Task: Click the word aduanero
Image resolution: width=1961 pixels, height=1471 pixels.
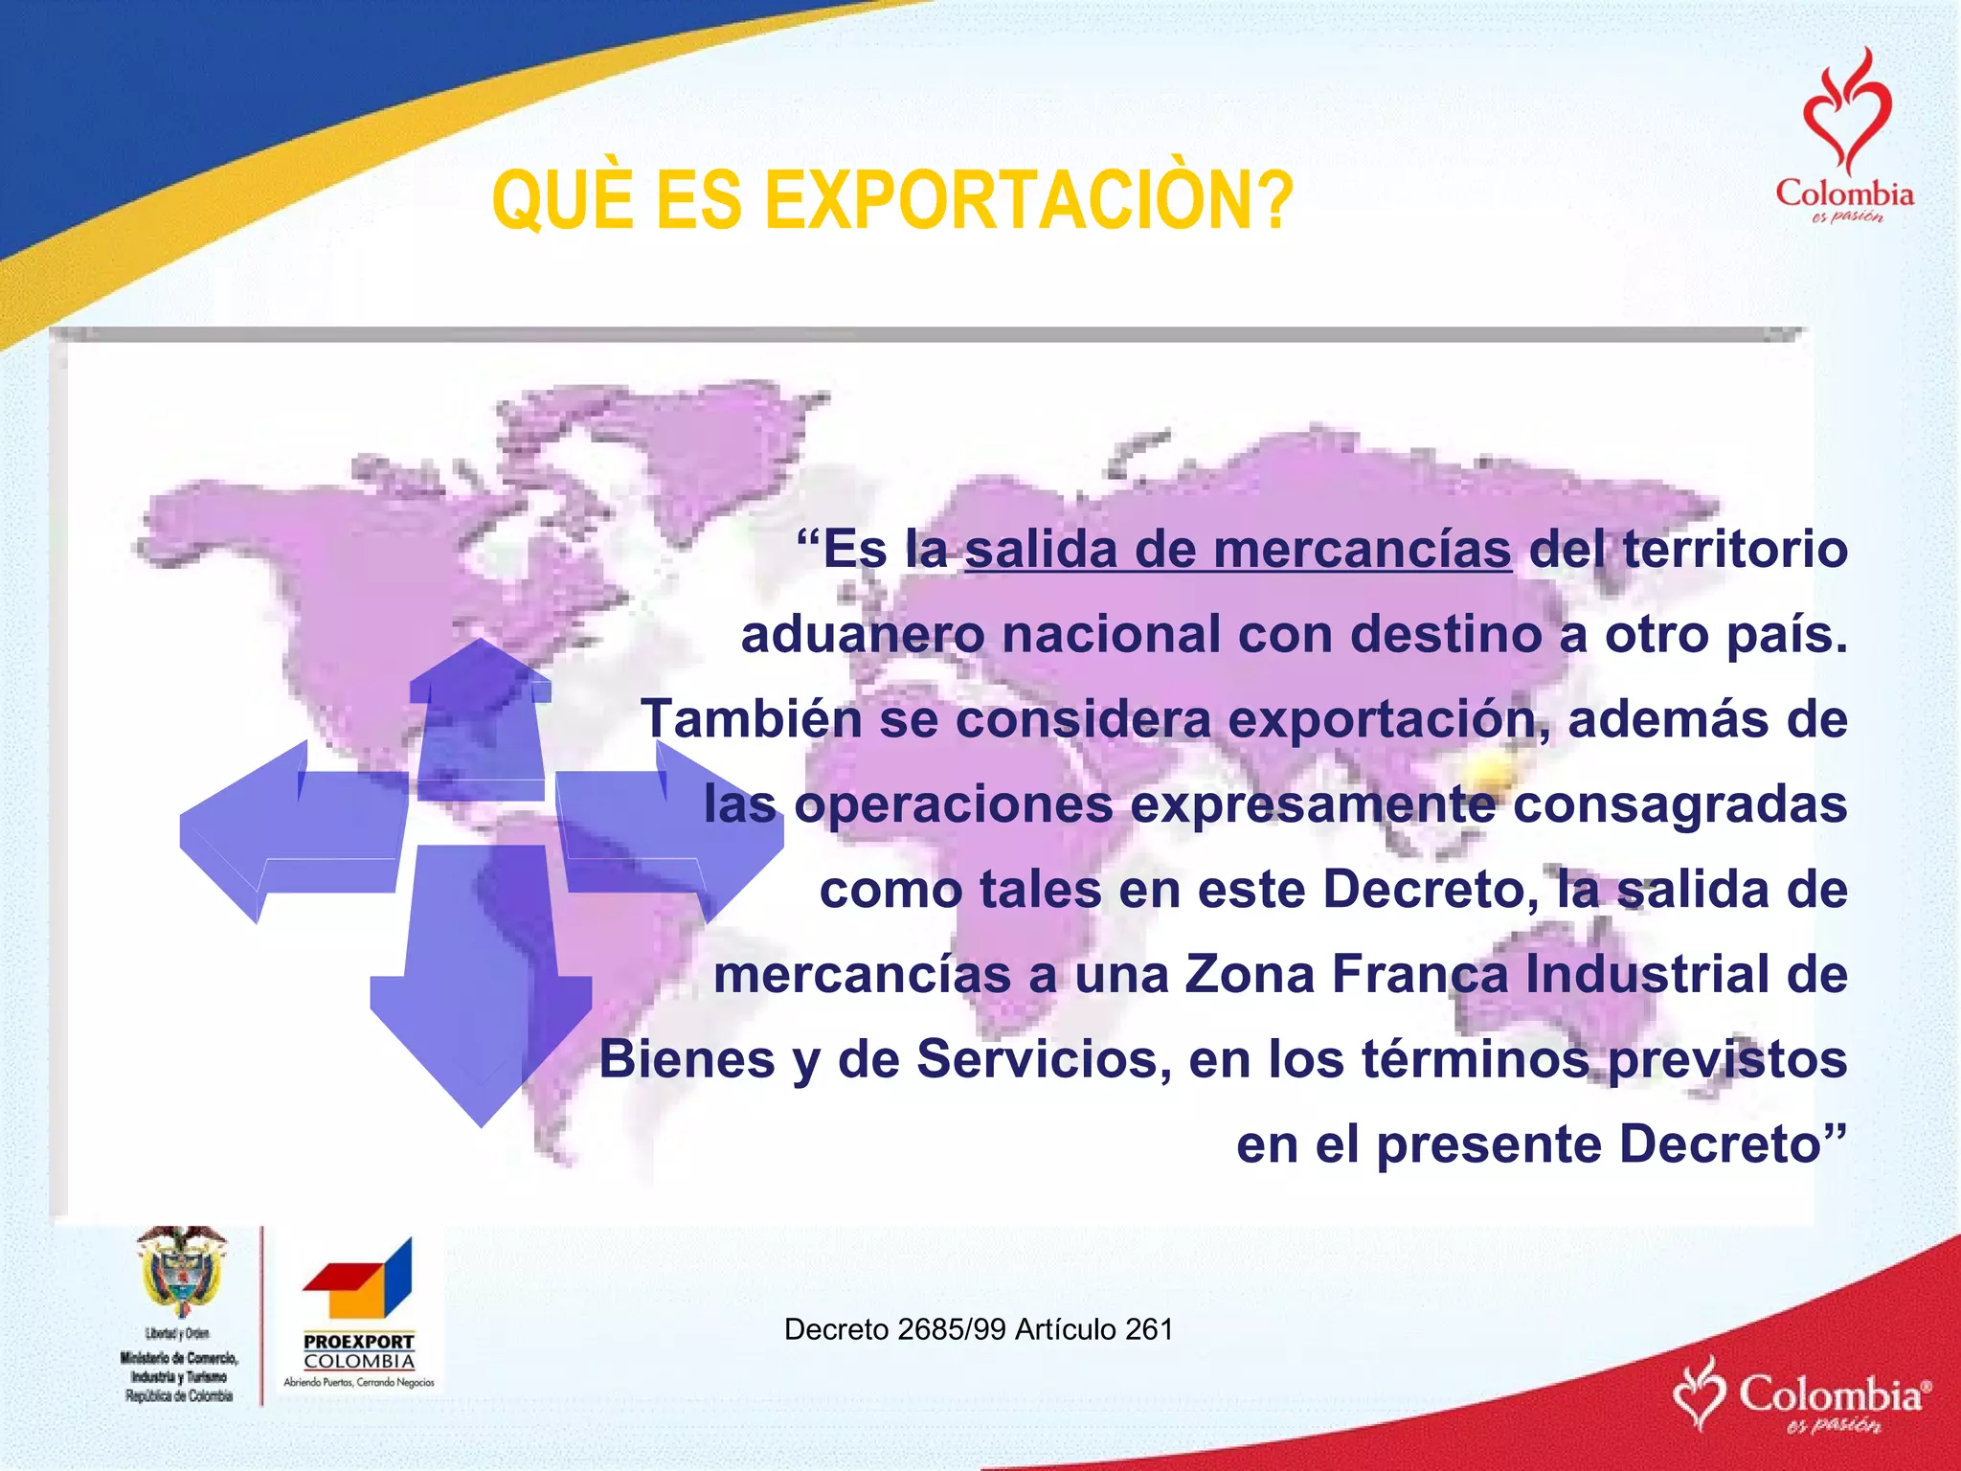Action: pyautogui.click(x=862, y=635)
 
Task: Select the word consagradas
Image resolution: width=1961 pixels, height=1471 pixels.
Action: pyautogui.click(x=1679, y=804)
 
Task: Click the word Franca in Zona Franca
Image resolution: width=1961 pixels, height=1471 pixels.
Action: pyautogui.click(x=1419, y=974)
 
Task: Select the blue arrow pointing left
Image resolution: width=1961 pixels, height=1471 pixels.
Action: pyautogui.click(x=287, y=828)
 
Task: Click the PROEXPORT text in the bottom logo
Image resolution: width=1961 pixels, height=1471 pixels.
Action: pyautogui.click(x=359, y=1342)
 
